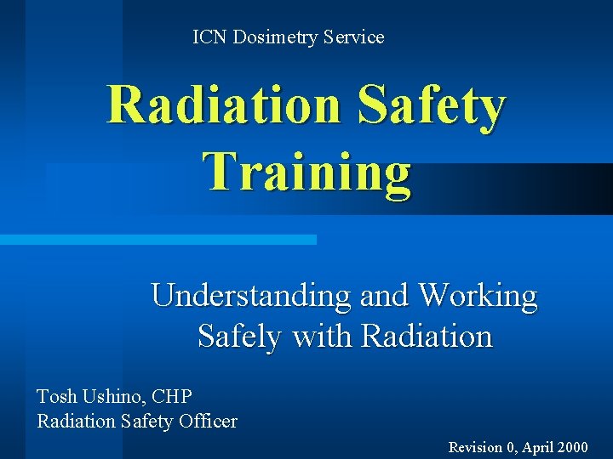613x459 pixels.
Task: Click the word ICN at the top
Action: [209, 37]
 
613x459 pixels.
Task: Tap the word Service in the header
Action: [353, 37]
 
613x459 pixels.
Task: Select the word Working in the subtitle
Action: [478, 296]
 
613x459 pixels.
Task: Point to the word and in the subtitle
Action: [383, 296]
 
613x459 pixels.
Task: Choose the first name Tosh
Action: [55, 396]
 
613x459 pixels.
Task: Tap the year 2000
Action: [571, 447]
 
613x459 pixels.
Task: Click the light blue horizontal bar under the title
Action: [158, 240]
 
